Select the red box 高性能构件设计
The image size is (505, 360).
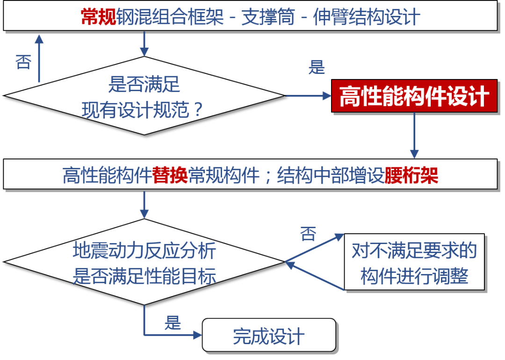coord(414,97)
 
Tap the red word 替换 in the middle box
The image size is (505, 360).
coord(170,175)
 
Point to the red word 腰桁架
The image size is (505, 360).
coord(411,175)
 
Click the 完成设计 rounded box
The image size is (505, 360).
coord(269,336)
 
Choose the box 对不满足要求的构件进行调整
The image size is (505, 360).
coord(414,263)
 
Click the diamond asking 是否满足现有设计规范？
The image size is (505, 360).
coord(144,96)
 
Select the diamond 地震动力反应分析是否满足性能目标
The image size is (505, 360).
coord(144,262)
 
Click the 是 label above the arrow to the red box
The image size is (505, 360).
coord(317,68)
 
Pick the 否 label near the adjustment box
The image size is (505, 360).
coord(308,234)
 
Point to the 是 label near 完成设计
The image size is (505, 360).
coord(173,323)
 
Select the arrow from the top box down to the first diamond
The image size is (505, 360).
coord(144,45)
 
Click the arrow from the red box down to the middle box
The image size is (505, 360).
coord(414,136)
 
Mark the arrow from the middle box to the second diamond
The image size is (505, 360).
coord(144,204)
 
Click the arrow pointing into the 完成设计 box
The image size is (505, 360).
coord(173,335)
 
